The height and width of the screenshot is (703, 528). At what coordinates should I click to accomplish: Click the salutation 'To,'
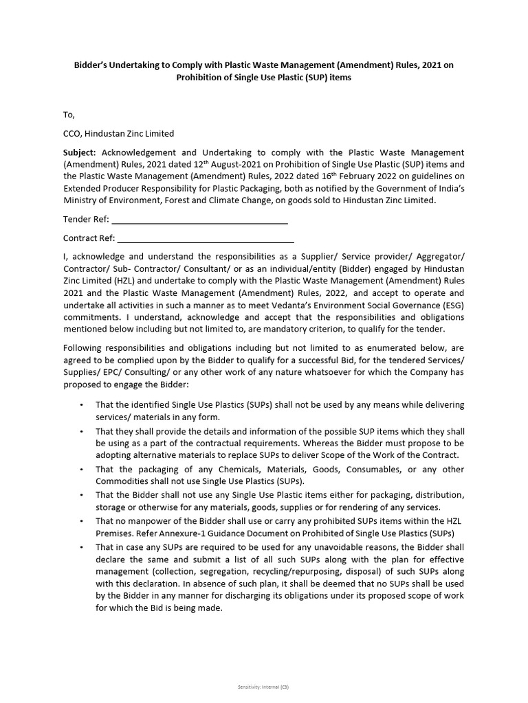click(x=69, y=115)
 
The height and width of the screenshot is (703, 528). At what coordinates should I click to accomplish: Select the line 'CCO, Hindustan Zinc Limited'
click(x=118, y=133)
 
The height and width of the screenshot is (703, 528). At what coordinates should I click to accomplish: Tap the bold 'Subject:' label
click(x=80, y=152)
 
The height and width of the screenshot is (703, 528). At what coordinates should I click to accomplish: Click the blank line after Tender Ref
click(x=199, y=219)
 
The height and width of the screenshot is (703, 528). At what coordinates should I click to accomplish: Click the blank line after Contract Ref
click(x=206, y=238)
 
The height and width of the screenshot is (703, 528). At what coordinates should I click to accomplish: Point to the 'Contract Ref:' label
click(x=89, y=238)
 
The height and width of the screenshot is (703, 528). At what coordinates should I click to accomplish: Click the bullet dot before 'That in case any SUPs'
click(x=82, y=547)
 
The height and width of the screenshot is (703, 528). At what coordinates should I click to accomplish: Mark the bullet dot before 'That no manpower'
click(x=82, y=522)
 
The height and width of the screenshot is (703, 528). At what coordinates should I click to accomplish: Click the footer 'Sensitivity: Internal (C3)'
click(x=263, y=687)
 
